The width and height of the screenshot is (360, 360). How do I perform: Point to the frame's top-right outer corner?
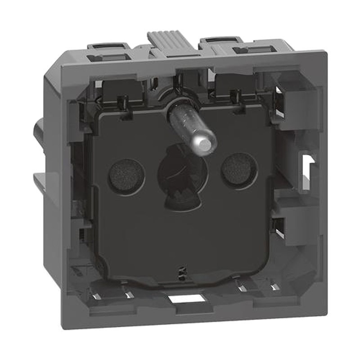(324, 53)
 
